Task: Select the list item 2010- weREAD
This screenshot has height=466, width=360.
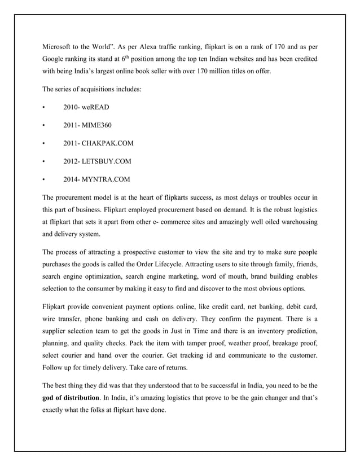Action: (86, 107)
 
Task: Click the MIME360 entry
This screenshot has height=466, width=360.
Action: (96, 125)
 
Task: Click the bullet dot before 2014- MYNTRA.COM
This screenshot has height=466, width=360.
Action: (44, 180)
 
